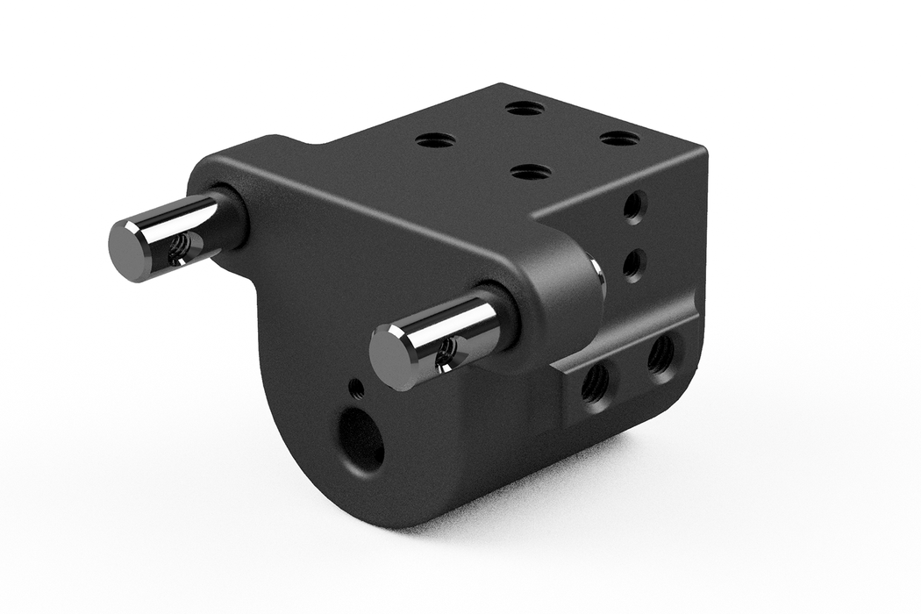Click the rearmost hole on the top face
tap(525, 108)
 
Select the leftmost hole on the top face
tap(435, 139)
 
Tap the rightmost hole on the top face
tap(620, 138)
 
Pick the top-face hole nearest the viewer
tap(531, 172)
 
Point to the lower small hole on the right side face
tap(633, 263)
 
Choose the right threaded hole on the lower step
tap(661, 354)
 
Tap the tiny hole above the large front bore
tap(355, 388)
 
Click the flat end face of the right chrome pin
tap(392, 357)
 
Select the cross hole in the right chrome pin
tap(446, 353)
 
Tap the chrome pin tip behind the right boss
tap(598, 275)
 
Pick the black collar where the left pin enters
tap(230, 219)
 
